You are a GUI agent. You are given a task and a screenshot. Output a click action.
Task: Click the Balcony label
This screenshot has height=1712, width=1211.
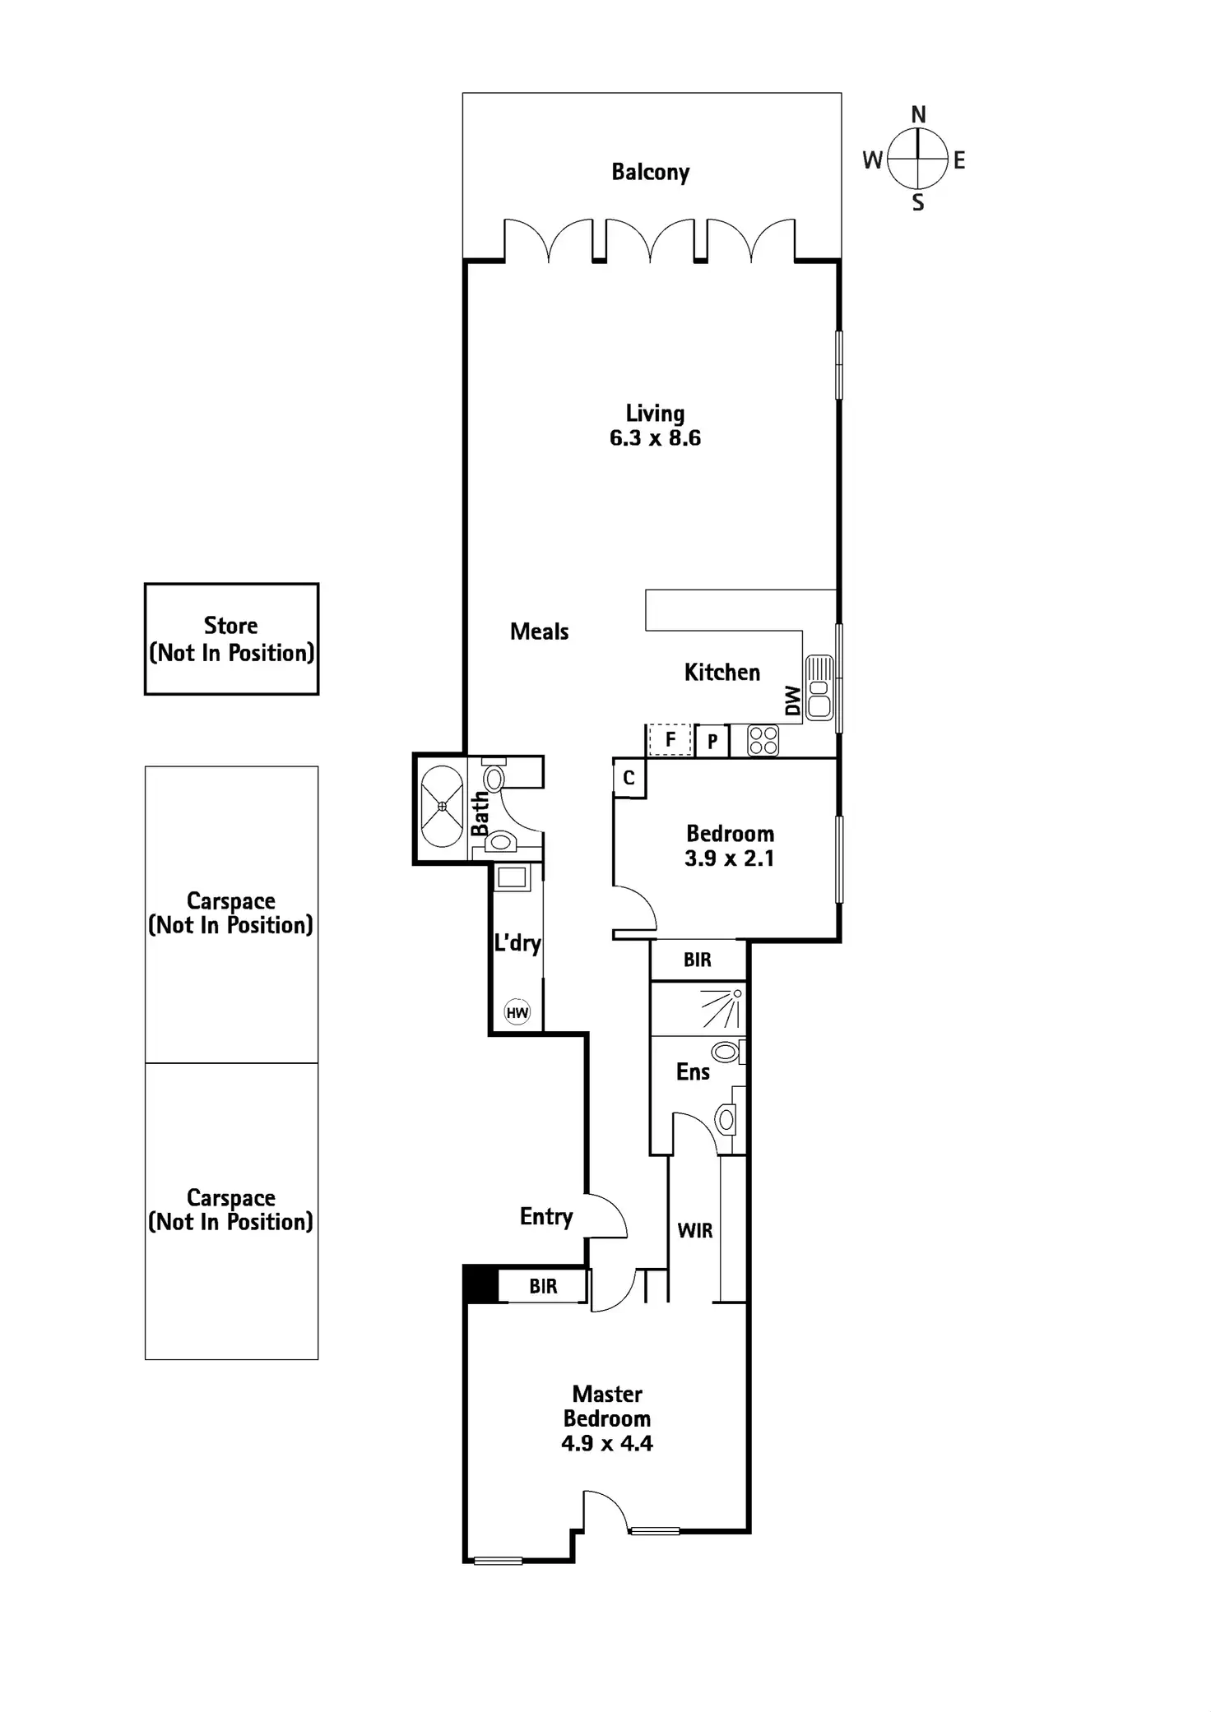point(650,172)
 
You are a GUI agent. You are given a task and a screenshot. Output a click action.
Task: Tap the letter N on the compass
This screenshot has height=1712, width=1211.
point(918,114)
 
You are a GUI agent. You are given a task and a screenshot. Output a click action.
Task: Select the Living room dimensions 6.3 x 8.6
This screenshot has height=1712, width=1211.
point(655,438)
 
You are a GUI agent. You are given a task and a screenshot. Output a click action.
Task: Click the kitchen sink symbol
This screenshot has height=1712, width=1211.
point(819,687)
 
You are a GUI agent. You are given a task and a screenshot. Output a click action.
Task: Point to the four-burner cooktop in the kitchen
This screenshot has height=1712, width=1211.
point(763,740)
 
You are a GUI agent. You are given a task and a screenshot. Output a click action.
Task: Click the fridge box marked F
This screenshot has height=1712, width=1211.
point(670,740)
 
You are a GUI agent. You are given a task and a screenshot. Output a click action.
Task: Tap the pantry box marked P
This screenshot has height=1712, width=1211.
point(712,742)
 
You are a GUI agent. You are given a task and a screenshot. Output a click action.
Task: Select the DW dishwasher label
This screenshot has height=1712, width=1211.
point(792,701)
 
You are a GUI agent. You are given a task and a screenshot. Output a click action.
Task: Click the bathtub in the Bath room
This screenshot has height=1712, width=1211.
point(442,807)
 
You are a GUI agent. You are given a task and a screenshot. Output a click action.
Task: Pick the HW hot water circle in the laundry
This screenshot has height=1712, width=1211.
point(517,1012)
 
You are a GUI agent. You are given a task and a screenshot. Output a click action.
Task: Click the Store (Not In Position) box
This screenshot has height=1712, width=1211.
point(231,639)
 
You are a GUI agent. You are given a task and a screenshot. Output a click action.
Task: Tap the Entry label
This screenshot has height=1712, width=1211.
point(546,1216)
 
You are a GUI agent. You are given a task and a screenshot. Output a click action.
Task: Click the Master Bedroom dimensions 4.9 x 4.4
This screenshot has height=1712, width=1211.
point(607,1443)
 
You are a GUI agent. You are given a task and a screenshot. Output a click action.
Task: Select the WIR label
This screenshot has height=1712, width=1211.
point(695,1231)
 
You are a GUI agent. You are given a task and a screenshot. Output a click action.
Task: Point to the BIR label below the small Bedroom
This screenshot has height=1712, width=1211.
point(698,960)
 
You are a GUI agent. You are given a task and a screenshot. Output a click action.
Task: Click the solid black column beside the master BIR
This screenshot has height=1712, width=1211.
point(480,1284)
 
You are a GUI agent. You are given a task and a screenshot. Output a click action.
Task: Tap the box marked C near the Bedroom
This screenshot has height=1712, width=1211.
point(629,778)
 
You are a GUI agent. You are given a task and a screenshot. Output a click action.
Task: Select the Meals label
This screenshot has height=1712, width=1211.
point(540,632)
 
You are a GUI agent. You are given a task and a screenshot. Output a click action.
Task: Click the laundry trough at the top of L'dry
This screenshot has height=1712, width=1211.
point(512,877)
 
